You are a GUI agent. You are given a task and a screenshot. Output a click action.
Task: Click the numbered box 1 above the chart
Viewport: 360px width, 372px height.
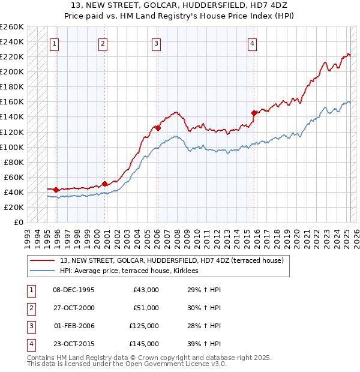(x=55, y=43)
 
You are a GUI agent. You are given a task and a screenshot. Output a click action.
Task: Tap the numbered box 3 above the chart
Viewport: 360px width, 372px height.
(x=156, y=43)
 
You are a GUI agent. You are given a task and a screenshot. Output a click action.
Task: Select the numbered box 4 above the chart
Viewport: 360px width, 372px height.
(x=253, y=43)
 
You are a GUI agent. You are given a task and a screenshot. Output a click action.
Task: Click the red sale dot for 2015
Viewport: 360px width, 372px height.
(x=254, y=113)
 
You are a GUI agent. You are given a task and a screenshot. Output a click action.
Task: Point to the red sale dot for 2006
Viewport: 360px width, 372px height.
(x=158, y=128)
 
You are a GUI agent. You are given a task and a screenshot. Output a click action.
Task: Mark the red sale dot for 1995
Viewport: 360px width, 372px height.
(x=56, y=190)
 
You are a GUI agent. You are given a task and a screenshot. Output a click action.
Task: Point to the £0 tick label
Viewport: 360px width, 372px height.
(x=17, y=222)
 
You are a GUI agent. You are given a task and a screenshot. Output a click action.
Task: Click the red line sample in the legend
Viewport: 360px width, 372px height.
(x=42, y=260)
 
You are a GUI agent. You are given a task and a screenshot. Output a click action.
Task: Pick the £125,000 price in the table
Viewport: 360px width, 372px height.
(x=144, y=327)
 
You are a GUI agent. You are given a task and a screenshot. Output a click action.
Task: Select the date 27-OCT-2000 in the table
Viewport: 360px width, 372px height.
(x=74, y=308)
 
